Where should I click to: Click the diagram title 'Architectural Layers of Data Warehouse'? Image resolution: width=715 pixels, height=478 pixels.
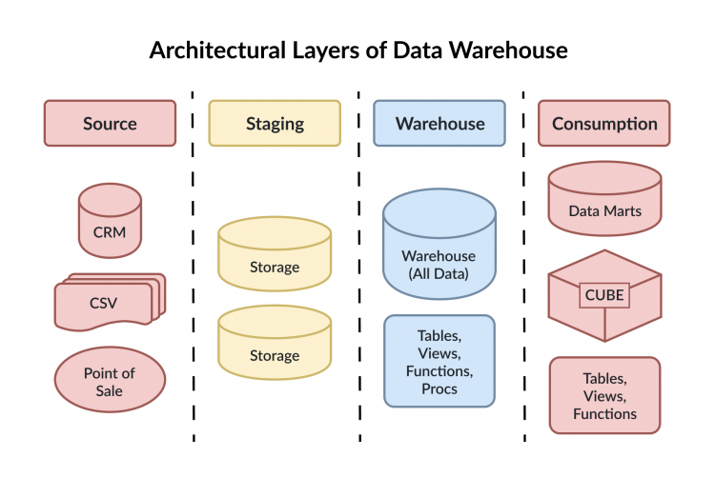pos(357,50)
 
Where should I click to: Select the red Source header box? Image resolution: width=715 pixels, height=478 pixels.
pos(110,123)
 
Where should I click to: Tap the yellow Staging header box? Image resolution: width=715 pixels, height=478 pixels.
pos(275,123)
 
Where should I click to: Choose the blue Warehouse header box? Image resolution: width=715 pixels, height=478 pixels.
pos(439,123)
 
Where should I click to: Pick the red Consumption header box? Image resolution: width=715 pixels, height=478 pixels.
pos(604,123)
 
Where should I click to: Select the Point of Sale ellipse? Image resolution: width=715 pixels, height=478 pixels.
pos(109,381)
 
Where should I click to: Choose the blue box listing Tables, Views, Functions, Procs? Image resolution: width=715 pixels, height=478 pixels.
pos(439,361)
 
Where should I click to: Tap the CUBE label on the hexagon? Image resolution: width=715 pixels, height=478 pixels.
pos(604,295)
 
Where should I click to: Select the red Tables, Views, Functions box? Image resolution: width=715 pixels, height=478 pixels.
pos(604,395)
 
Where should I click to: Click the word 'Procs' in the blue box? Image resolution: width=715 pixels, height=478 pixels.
pos(439,388)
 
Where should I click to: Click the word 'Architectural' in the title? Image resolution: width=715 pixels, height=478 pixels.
pos(208,50)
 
